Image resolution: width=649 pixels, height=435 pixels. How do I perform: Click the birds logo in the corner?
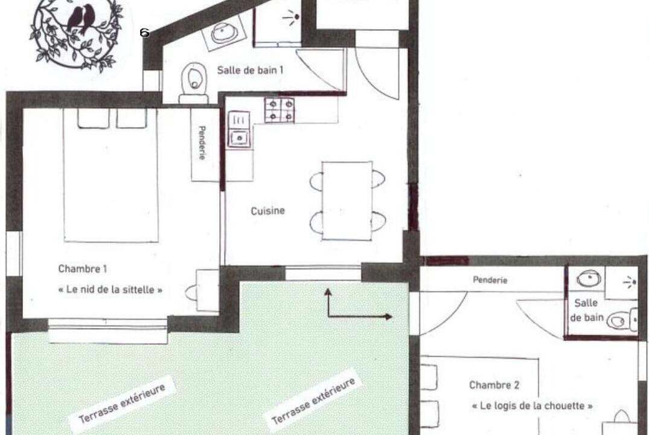[77, 33]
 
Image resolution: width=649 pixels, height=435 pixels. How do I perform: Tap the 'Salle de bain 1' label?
[250, 70]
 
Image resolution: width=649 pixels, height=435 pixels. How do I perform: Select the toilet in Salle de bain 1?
[194, 82]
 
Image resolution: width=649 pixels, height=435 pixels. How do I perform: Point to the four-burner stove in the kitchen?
[280, 110]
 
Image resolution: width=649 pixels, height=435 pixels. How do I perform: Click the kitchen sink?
[239, 137]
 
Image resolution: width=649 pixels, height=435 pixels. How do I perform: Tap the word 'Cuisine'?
[268, 211]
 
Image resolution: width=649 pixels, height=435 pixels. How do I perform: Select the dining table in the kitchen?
[347, 201]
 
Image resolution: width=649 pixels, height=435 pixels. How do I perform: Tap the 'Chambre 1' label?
[82, 269]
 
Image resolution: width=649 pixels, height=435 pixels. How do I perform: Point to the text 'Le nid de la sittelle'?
[110, 289]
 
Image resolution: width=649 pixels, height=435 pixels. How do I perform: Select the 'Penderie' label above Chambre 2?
[490, 280]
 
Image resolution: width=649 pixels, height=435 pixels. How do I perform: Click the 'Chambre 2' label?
[494, 385]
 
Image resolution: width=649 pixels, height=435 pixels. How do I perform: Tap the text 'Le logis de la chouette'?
[532, 405]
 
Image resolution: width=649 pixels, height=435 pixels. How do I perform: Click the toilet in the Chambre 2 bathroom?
[622, 320]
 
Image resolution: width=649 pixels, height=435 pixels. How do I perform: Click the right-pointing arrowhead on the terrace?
[388, 317]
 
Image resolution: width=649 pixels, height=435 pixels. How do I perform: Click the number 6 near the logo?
[144, 32]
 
